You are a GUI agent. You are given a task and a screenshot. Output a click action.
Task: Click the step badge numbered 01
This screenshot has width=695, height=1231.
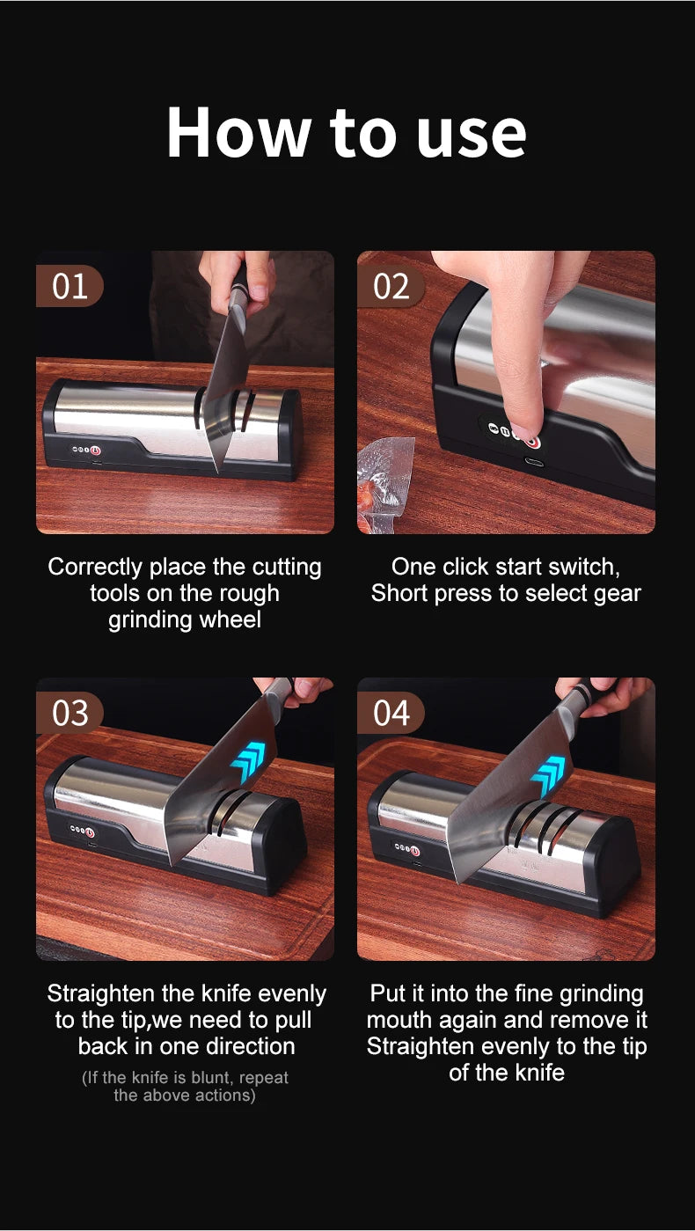click(x=69, y=286)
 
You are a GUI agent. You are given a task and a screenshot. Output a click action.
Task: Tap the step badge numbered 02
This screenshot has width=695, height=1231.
click(x=391, y=286)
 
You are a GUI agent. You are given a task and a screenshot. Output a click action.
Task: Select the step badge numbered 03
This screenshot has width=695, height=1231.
click(x=69, y=714)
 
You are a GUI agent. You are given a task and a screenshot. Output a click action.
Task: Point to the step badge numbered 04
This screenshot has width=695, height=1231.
click(x=391, y=714)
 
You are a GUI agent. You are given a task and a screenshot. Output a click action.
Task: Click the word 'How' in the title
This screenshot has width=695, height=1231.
click(x=238, y=133)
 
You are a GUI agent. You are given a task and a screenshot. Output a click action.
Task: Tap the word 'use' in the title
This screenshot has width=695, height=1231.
click(x=472, y=138)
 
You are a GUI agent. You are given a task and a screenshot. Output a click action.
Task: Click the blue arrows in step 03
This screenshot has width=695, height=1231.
click(x=248, y=761)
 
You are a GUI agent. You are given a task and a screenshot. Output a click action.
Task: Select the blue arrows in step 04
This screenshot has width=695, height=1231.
click(x=548, y=776)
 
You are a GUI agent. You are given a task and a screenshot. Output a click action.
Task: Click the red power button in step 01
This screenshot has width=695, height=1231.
click(x=96, y=451)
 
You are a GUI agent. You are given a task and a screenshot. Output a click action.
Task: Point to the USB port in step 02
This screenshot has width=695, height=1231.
click(x=533, y=462)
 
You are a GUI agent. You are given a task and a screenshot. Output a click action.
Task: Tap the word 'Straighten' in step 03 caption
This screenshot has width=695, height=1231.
click(x=100, y=994)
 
